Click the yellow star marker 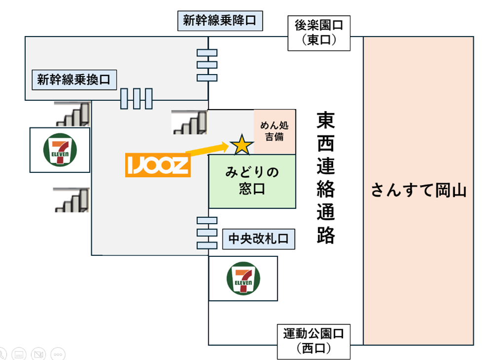(242, 144)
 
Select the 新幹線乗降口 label (219, 21)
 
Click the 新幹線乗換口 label (74, 79)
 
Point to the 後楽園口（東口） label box (319, 33)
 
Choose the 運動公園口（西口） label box (313, 341)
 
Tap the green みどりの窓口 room (252, 181)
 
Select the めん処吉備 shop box (274, 131)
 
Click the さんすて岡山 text (418, 191)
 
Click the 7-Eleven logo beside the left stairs (60, 150)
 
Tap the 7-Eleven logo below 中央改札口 (243, 278)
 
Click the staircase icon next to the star (189, 122)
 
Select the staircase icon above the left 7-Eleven (72, 114)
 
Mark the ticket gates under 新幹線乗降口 (207, 65)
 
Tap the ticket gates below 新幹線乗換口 (136, 98)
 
